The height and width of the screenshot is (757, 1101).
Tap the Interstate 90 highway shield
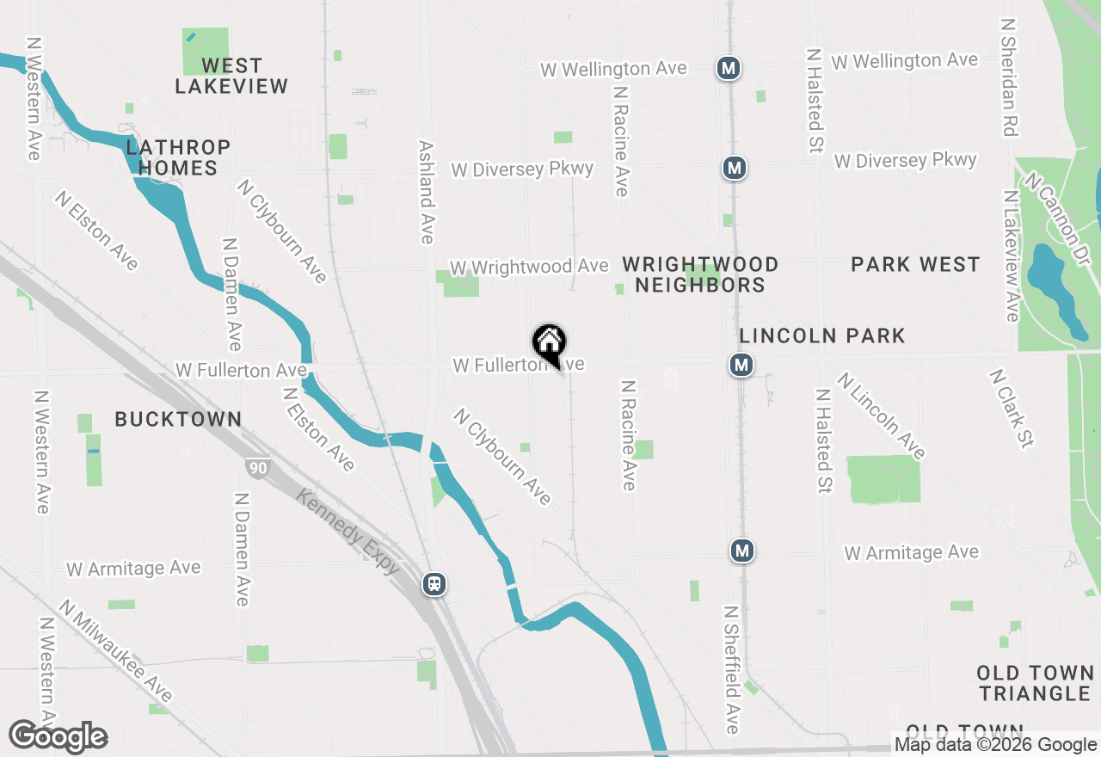[x=256, y=468]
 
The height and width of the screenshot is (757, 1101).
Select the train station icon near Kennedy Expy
[x=434, y=585]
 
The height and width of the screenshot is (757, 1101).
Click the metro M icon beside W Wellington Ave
[x=729, y=68]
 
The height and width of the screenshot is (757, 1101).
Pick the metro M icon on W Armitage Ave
[x=742, y=551]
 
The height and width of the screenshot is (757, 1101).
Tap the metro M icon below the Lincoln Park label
[x=741, y=366]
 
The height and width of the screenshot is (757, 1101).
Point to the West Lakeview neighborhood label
[x=231, y=76]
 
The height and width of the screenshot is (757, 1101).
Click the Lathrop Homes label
[x=178, y=157]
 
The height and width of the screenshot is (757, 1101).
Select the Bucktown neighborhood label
[x=178, y=419]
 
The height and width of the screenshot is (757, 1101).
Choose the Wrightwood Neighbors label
[x=700, y=274]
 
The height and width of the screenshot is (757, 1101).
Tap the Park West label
[x=915, y=264]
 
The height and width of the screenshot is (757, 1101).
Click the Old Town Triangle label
[x=1035, y=683]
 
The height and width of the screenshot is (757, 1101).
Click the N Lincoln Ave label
[x=882, y=415]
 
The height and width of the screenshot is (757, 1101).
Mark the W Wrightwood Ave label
[x=528, y=267]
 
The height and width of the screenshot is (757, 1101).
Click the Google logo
[x=58, y=737]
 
